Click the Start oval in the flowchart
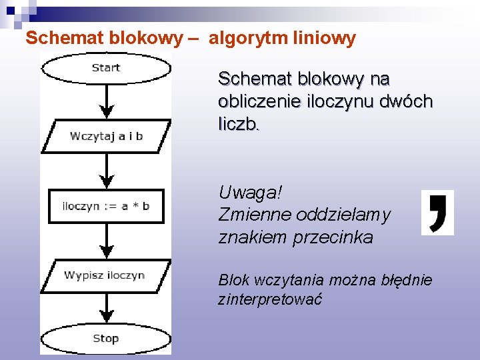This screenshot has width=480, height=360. [x=106, y=68]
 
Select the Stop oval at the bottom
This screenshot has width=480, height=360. [x=106, y=339]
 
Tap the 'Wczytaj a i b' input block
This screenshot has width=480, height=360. [x=106, y=136]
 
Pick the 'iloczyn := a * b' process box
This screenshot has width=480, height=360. [x=106, y=206]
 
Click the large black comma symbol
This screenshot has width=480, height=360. [x=437, y=213]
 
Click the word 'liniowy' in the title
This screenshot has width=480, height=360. [x=324, y=38]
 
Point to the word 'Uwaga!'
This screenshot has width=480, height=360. [x=250, y=193]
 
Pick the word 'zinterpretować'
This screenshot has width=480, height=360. [x=270, y=299]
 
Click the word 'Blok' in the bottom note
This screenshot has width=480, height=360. [x=234, y=280]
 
